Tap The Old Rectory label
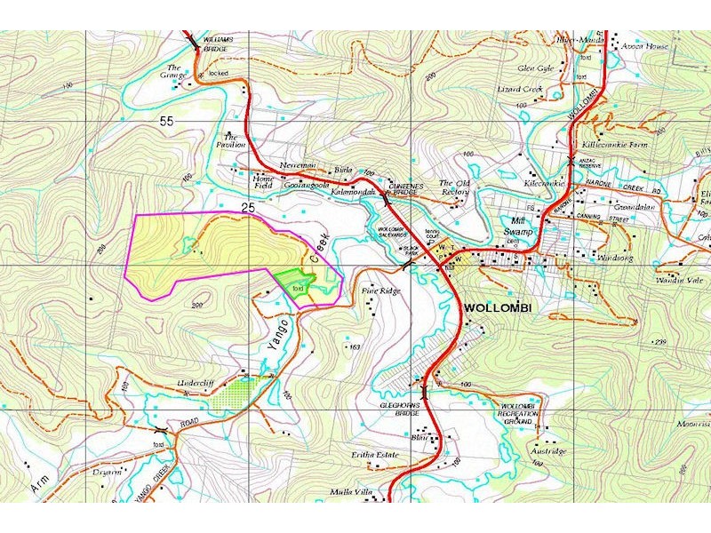pyautogui.click(x=453, y=187)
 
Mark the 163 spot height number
pyautogui.click(x=355, y=346)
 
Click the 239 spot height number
pyautogui.click(x=684, y=342)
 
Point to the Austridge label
pyautogui.click(x=549, y=451)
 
